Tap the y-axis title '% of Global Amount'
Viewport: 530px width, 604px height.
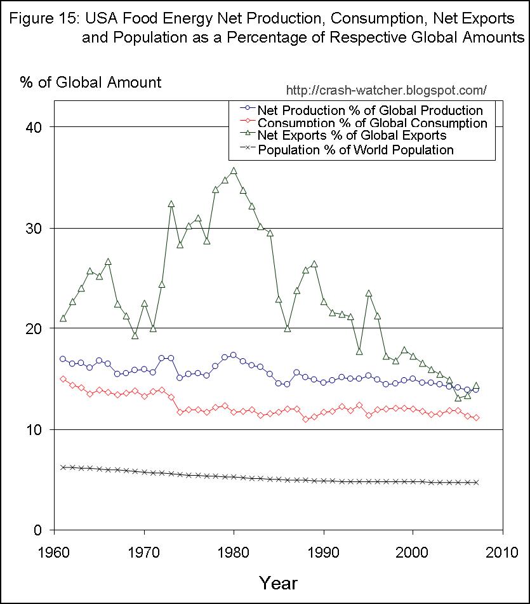90,82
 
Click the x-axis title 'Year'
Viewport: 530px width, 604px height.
277,582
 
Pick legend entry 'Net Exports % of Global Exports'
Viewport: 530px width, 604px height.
352,136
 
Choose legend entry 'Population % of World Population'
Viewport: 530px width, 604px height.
356,151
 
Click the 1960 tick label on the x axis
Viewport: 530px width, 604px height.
55,551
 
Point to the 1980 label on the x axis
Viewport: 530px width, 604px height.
234,551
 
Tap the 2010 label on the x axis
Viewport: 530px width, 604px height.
501,551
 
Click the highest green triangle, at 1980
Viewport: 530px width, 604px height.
234,170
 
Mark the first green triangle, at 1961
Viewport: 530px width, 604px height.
63,318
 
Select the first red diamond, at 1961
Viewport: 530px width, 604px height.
63,379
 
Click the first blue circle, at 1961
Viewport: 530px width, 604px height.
63,359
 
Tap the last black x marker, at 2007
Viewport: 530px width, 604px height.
475,482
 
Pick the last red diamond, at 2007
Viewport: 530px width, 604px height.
476,417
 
